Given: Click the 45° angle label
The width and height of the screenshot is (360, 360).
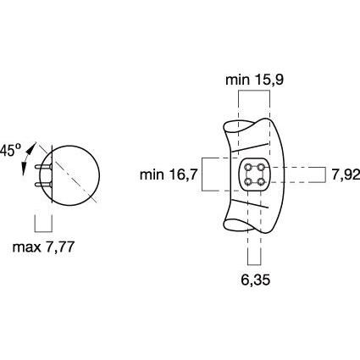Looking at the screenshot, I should tap(10, 149).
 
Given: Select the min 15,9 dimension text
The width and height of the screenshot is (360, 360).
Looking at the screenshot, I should tap(254, 80).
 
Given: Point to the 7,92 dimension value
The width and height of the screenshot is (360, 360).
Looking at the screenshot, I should tap(345, 174).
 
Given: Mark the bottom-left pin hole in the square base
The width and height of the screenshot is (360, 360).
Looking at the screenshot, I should tap(247, 181).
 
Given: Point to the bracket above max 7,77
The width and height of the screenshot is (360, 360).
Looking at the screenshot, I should tap(43, 225).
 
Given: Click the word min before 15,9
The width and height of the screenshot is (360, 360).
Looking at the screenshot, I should tap(236, 80).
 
